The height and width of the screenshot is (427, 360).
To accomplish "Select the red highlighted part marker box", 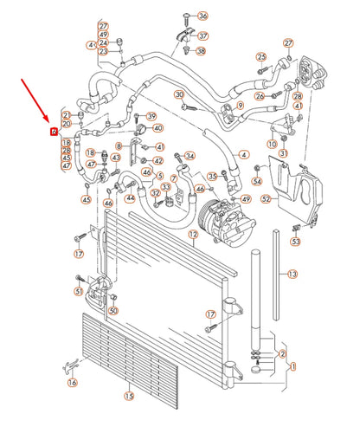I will coord(55,132).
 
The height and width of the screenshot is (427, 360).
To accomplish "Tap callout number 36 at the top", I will coord(202,16).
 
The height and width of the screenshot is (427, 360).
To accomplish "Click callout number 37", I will coord(202,36).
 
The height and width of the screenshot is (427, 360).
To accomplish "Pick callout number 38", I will coord(200,52).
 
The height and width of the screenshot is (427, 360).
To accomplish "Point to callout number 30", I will coord(179,94).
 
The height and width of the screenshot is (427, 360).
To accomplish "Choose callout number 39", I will coord(151,116).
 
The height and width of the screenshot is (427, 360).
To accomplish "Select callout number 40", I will coord(157,128).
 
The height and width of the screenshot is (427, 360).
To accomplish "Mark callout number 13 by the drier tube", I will coord(292,274).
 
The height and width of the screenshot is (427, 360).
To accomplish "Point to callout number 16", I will coord(72,382).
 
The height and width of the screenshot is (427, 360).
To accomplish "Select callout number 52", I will coord(267,199).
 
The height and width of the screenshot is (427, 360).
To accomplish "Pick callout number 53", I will coord(295,243).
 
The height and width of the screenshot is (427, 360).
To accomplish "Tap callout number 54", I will coord(256,181).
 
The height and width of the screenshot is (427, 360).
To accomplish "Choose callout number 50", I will coord(112,310).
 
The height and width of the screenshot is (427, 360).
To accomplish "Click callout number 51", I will coord(78,292).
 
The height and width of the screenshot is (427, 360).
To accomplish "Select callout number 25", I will coord(260,58).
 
